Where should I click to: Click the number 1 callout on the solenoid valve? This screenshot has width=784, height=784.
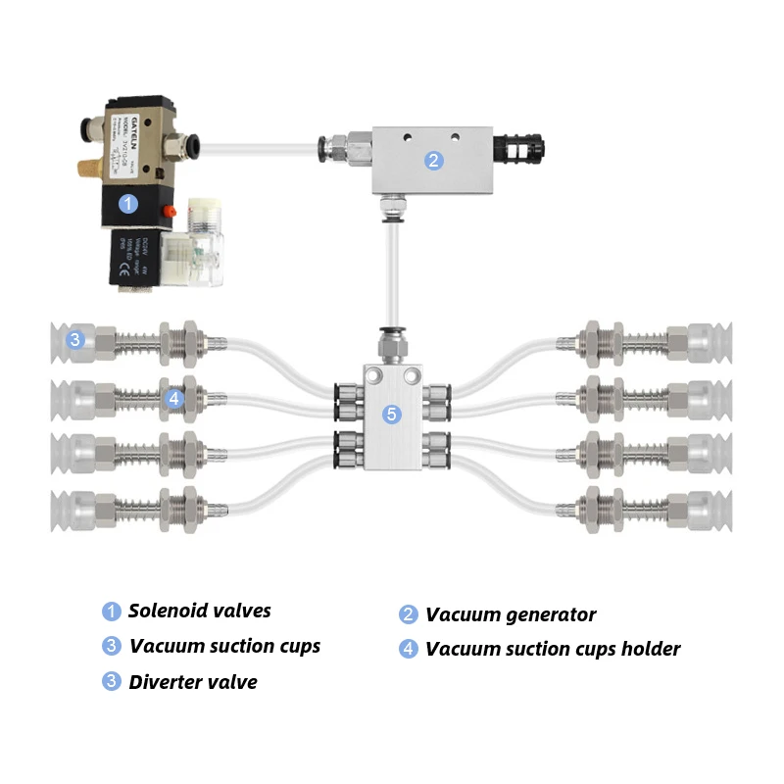point(126,204)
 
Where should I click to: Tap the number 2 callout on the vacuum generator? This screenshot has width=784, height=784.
point(434,161)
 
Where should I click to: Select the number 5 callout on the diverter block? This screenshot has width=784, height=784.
point(392,415)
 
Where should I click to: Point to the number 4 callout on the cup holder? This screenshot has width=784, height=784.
point(173,398)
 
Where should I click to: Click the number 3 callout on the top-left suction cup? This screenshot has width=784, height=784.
point(75,341)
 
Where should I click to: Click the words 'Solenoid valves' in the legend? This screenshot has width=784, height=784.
point(199,612)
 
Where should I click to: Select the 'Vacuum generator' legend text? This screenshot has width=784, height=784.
point(510,614)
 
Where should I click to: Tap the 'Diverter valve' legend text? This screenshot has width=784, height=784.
point(193,682)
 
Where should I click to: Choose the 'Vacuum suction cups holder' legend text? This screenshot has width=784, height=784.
point(552,649)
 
